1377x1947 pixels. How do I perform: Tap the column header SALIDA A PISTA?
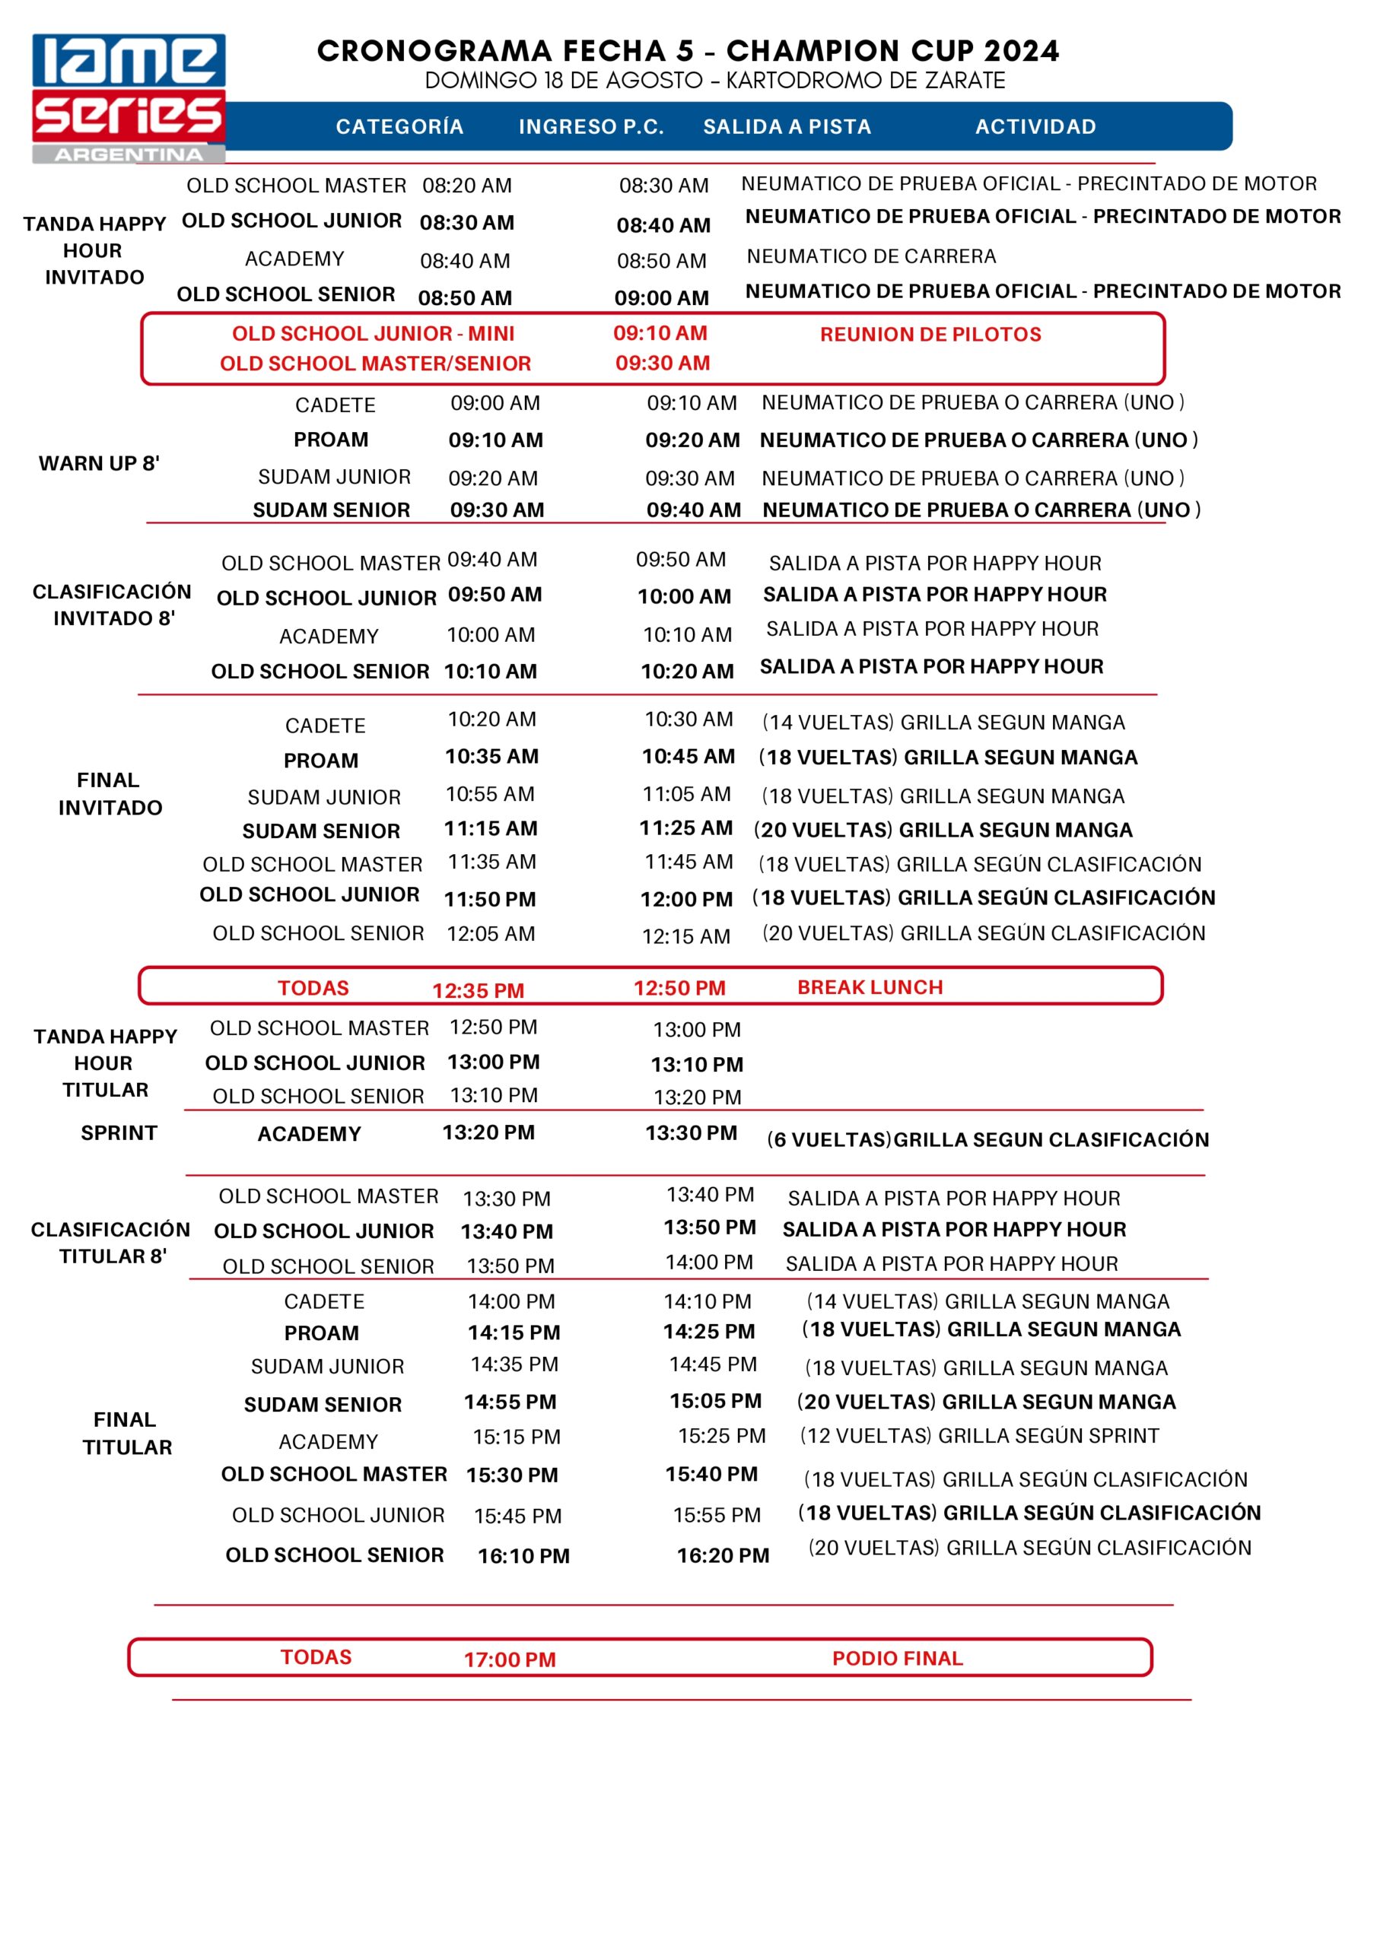[x=787, y=127]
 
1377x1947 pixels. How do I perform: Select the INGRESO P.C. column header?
[x=591, y=127]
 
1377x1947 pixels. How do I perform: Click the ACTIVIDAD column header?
[x=1035, y=127]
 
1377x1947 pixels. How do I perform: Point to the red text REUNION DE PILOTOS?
[x=930, y=334]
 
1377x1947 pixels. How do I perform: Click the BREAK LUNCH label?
[x=870, y=987]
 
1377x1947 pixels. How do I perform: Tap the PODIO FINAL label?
[x=897, y=1658]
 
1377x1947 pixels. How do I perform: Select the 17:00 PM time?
[x=509, y=1660]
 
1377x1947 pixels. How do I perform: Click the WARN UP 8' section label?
[x=98, y=463]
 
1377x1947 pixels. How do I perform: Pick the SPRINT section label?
[x=119, y=1133]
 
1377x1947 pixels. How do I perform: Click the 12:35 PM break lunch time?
[x=478, y=990]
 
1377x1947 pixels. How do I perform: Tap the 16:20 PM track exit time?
[x=723, y=1555]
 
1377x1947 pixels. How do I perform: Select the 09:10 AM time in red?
[x=660, y=333]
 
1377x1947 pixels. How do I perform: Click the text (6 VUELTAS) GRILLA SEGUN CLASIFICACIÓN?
[x=987, y=1140]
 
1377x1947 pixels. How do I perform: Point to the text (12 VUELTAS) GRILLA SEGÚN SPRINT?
[x=979, y=1436]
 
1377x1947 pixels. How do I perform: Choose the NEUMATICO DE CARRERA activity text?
[x=870, y=256]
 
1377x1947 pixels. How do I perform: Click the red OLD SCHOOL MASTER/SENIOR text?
[x=375, y=364]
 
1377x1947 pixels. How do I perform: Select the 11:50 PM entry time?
[x=489, y=899]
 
